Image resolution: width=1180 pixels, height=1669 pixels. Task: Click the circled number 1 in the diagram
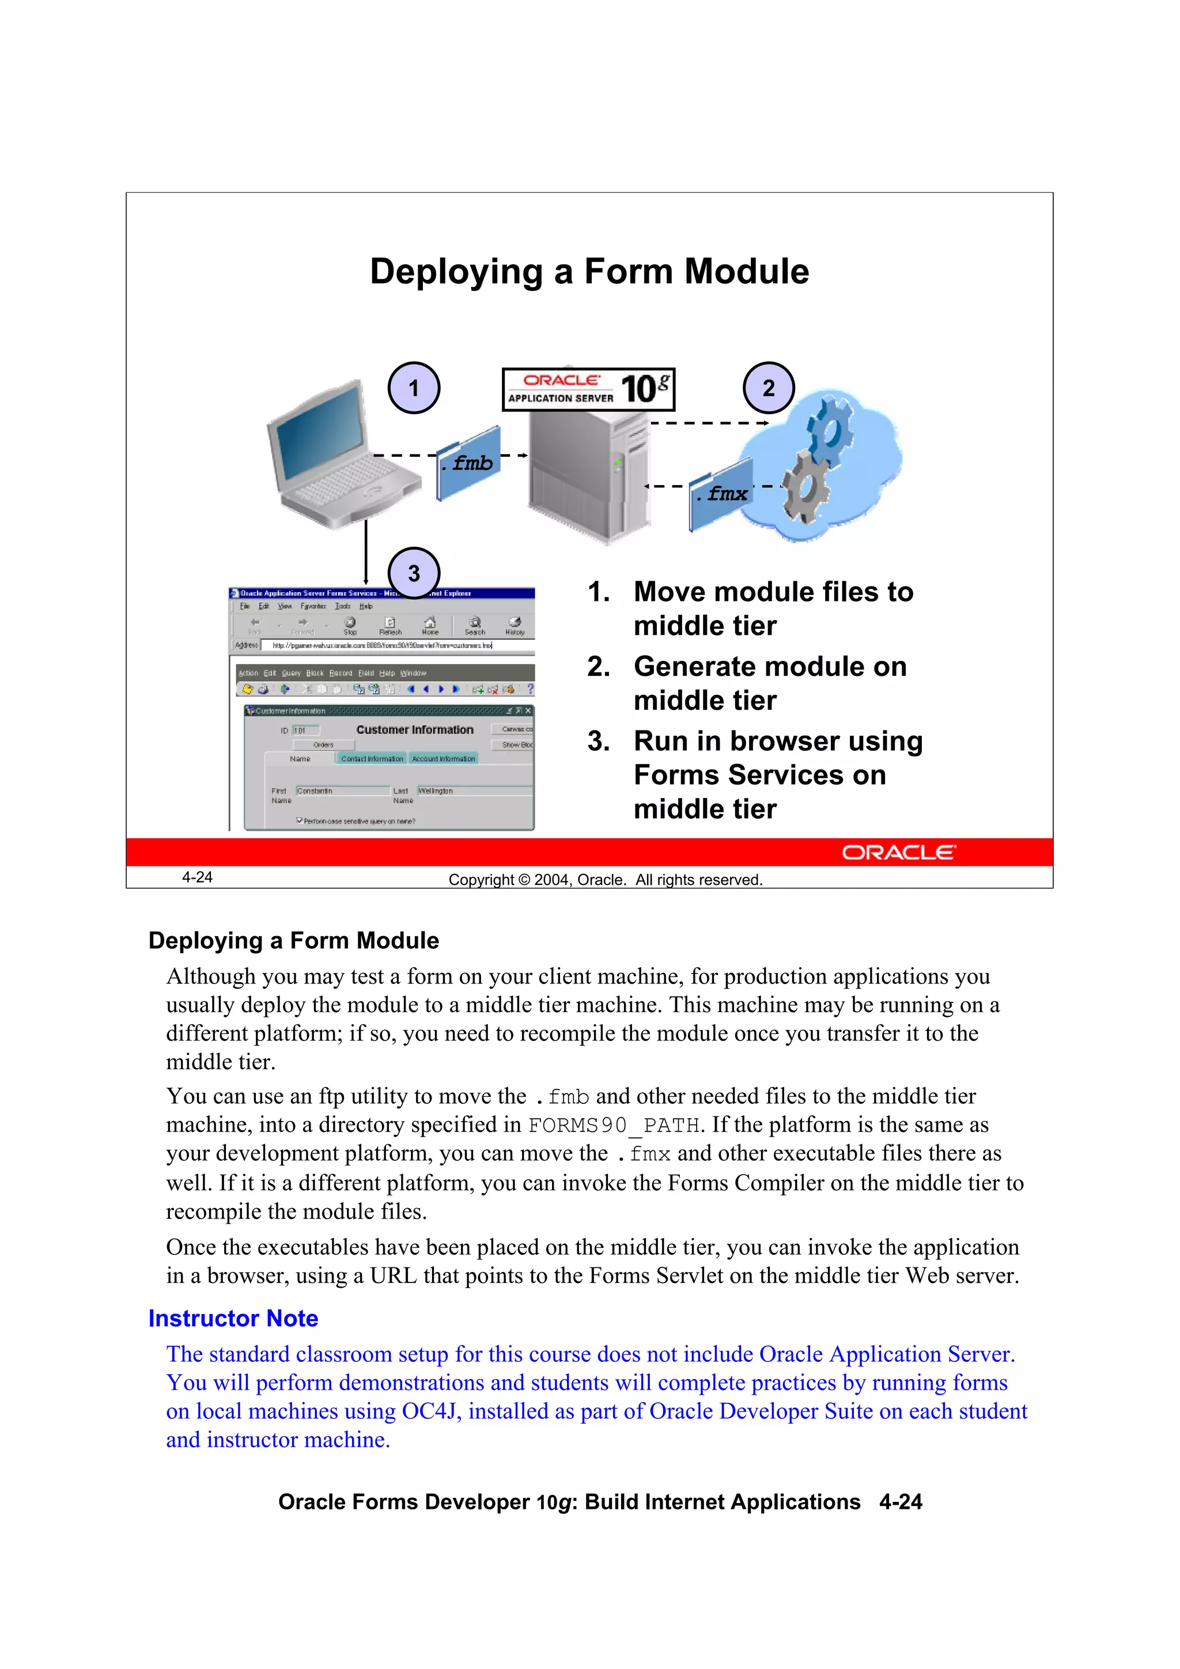[414, 388]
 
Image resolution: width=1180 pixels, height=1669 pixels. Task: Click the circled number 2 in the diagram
[769, 388]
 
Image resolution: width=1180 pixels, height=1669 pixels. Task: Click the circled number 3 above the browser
[414, 574]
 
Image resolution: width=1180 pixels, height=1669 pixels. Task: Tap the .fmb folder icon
[469, 463]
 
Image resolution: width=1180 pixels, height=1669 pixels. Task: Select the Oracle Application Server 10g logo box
[588, 389]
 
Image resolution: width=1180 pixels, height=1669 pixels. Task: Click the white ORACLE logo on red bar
[899, 853]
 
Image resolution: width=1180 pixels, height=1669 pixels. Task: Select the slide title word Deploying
[456, 272]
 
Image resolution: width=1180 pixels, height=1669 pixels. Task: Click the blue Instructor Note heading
[233, 1318]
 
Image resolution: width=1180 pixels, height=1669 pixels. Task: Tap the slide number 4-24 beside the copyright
[197, 877]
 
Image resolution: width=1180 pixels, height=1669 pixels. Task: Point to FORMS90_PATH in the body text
[613, 1125]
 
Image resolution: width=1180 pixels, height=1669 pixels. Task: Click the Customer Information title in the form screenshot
[414, 730]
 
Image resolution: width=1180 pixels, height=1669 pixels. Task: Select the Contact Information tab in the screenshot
[372, 758]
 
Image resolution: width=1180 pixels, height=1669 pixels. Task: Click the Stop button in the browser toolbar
[350, 625]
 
